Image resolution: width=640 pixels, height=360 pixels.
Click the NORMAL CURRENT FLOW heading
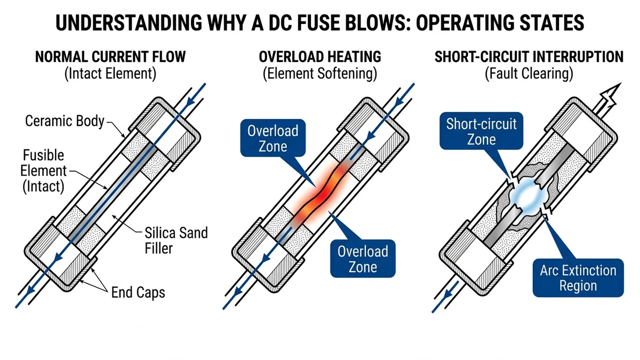click(x=110, y=57)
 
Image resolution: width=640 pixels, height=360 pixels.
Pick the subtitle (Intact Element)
click(x=110, y=74)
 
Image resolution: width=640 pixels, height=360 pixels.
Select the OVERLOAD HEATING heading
click(x=320, y=57)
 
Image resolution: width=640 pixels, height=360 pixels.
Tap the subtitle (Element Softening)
click(x=320, y=74)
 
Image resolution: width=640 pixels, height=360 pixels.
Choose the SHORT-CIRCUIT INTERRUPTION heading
click(x=529, y=57)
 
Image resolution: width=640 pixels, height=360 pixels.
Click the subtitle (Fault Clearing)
click(x=529, y=74)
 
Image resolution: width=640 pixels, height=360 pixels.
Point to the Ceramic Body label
click(x=65, y=121)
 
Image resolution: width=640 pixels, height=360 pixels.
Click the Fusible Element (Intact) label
click(x=43, y=172)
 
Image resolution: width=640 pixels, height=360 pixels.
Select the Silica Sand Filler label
click(x=176, y=241)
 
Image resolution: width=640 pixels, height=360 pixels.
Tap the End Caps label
click(x=138, y=292)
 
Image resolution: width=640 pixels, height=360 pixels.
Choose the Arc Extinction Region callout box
click(x=578, y=278)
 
